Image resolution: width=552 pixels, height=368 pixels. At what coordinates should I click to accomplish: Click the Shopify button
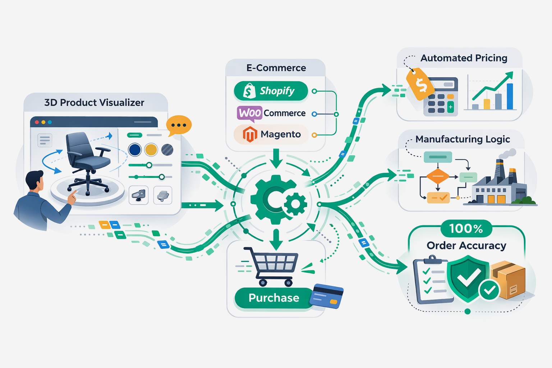(271, 91)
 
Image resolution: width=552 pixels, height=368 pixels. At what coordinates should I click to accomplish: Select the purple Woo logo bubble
(249, 113)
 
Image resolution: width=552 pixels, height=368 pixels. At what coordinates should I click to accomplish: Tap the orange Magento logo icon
(250, 134)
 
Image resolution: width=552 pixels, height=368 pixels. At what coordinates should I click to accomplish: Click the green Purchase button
(274, 298)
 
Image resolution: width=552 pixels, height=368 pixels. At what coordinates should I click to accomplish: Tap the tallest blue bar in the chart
(510, 96)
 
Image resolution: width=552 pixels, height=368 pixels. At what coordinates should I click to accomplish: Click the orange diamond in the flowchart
(438, 176)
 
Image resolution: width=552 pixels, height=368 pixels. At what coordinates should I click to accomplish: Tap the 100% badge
(466, 229)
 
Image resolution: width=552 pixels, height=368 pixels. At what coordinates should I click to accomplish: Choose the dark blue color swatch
(135, 149)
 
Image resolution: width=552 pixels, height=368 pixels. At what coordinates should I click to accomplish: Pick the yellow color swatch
(151, 149)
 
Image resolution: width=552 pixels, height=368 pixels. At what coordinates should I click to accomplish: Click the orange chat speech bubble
(179, 125)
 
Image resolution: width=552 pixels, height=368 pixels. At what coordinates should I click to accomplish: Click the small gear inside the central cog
(295, 204)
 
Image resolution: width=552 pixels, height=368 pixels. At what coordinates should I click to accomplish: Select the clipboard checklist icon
(431, 280)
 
